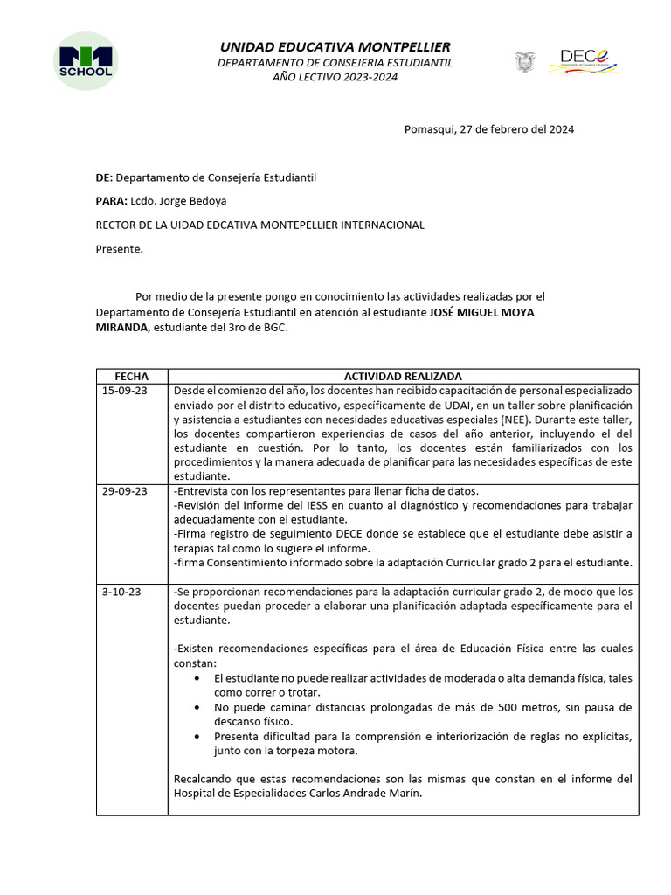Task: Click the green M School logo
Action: click(x=85, y=62)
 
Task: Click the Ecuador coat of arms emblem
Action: click(x=524, y=62)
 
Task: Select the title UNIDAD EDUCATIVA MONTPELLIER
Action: click(x=335, y=46)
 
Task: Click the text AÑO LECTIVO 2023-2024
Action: click(x=335, y=77)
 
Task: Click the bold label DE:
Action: click(x=104, y=177)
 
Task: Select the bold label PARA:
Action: click(x=111, y=201)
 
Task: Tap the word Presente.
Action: click(x=119, y=249)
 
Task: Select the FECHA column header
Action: click(x=132, y=376)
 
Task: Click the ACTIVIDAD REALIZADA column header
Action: click(x=403, y=376)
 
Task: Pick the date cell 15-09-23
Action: click(x=125, y=391)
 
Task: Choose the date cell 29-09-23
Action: click(x=125, y=491)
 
